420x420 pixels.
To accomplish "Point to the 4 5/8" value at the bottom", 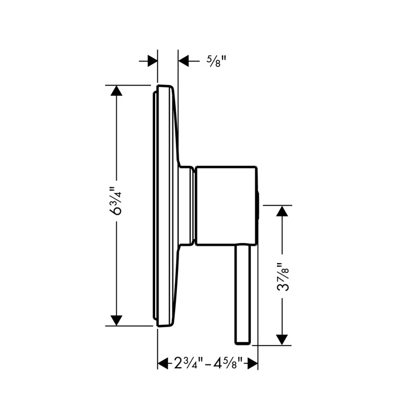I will point(229,364).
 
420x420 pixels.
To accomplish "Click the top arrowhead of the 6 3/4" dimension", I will point(116,91).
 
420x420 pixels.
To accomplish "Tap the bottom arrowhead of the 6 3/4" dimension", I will point(116,320).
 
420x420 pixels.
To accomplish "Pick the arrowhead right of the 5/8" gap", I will point(184,61).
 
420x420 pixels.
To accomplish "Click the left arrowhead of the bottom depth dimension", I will point(163,364).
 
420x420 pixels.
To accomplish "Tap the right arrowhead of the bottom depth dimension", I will point(252,364).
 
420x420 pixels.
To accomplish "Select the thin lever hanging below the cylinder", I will point(244,289).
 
